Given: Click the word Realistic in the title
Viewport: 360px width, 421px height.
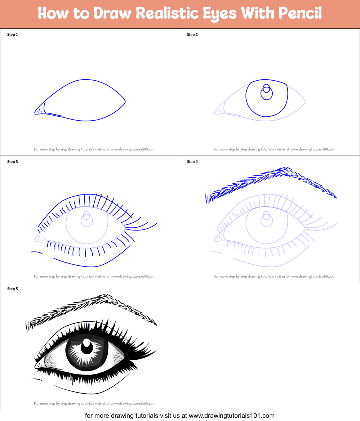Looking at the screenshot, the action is pyautogui.click(x=168, y=13).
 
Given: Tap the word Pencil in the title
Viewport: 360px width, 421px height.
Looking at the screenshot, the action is pyautogui.click(x=300, y=13).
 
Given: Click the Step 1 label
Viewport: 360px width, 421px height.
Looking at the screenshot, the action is pyautogui.click(x=13, y=35).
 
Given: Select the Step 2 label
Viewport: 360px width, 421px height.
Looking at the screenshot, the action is pyautogui.click(x=192, y=35).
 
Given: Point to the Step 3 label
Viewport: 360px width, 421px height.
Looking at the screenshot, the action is pyautogui.click(x=13, y=162).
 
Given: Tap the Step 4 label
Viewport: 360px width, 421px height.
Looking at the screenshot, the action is pyautogui.click(x=192, y=162).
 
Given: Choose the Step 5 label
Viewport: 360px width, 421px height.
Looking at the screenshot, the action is pyautogui.click(x=13, y=289).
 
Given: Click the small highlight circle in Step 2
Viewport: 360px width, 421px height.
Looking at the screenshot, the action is pyautogui.click(x=267, y=88).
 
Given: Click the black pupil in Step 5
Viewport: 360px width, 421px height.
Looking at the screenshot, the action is pyautogui.click(x=87, y=348).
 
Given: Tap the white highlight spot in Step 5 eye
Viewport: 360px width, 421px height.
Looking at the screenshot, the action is pyautogui.click(x=87, y=342).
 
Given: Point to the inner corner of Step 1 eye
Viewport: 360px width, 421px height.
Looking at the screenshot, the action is pyautogui.click(x=35, y=113).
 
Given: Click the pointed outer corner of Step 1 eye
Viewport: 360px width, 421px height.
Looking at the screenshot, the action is pyautogui.click(x=125, y=102).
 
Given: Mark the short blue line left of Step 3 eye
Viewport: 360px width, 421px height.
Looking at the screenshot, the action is pyautogui.click(x=37, y=252).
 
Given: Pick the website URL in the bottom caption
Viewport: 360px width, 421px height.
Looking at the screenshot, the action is pyautogui.click(x=232, y=416).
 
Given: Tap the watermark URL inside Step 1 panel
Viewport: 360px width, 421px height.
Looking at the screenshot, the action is pyautogui.click(x=133, y=149).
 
